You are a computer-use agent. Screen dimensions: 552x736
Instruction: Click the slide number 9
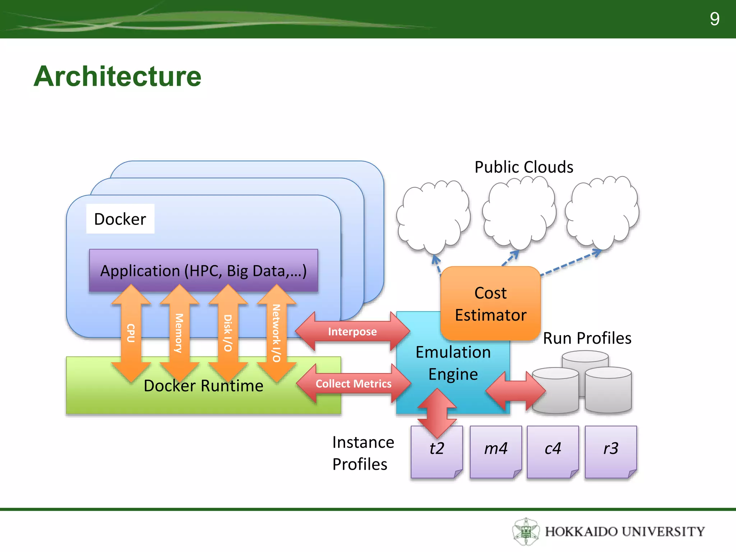pyautogui.click(x=714, y=19)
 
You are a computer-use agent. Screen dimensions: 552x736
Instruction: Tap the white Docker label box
pyautogui.click(x=120, y=219)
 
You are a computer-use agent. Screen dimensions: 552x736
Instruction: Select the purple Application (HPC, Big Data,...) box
pyautogui.click(x=203, y=270)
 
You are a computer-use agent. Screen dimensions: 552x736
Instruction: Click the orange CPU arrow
pyautogui.click(x=131, y=333)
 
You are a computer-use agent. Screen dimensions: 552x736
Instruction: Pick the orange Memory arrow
pyautogui.click(x=179, y=333)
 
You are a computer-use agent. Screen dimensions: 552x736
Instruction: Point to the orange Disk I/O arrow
pyautogui.click(x=228, y=333)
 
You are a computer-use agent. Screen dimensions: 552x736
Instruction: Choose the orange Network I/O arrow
pyautogui.click(x=276, y=333)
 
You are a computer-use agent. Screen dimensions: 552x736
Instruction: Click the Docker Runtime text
pyautogui.click(x=203, y=386)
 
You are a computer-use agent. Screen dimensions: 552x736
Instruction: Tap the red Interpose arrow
pyautogui.click(x=352, y=331)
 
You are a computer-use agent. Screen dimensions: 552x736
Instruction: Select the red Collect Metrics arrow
pyautogui.click(x=353, y=383)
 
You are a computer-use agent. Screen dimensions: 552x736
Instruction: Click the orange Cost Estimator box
pyautogui.click(x=490, y=304)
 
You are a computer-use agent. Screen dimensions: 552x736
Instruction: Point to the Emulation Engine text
pyautogui.click(x=453, y=363)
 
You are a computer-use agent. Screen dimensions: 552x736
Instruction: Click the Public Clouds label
pyautogui.click(x=524, y=167)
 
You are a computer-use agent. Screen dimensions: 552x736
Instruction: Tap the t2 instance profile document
pyautogui.click(x=437, y=452)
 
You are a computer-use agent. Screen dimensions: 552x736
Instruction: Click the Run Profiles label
pyautogui.click(x=587, y=338)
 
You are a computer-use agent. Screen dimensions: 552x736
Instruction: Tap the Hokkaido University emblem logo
pyautogui.click(x=526, y=531)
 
